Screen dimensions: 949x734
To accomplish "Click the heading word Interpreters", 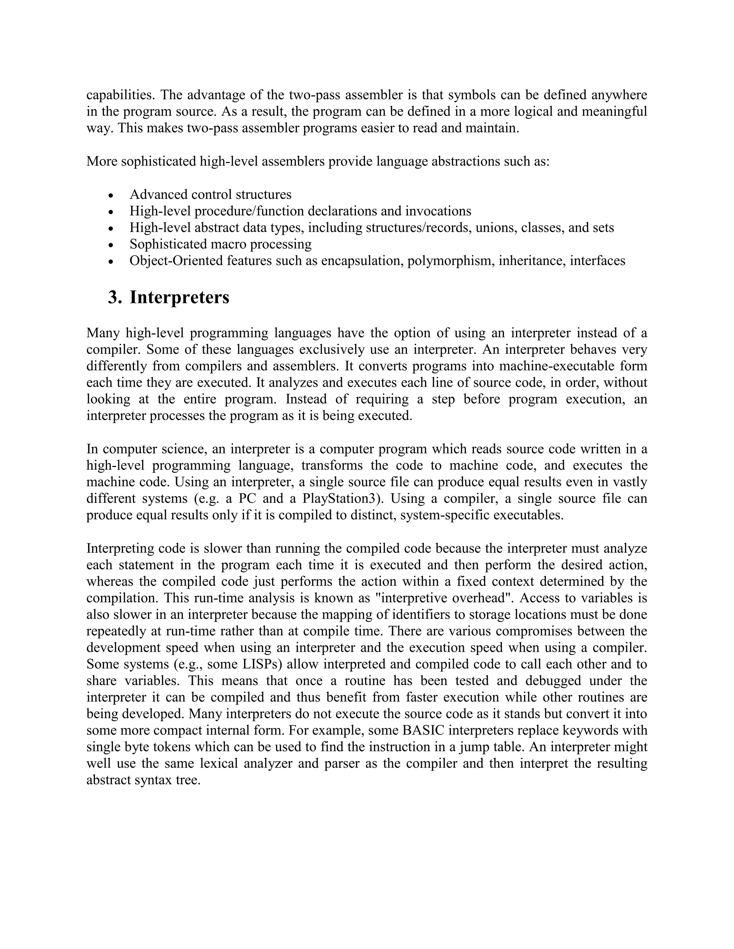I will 179,298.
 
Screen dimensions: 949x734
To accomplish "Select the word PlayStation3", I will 343,498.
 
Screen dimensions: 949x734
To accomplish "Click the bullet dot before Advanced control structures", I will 111,195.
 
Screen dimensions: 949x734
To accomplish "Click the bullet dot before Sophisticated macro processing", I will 111,245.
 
